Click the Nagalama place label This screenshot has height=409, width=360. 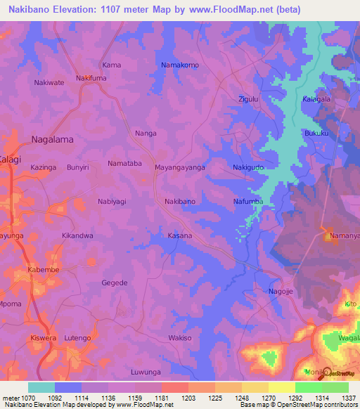tap(53, 139)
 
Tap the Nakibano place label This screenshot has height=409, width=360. tap(180, 202)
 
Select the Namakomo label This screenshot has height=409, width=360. tap(180, 65)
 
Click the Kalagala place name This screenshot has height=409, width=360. tap(316, 99)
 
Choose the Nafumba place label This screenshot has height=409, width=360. tap(248, 202)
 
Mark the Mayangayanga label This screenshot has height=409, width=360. tap(180, 168)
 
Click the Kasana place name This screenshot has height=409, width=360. tap(180, 235)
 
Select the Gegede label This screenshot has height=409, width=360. tap(115, 283)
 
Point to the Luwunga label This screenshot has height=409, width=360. tap(146, 372)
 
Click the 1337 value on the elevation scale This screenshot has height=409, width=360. tap(349, 398)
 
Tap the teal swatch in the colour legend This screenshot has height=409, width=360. tap(41, 387)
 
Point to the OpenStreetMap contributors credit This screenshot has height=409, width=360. tap(311, 405)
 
